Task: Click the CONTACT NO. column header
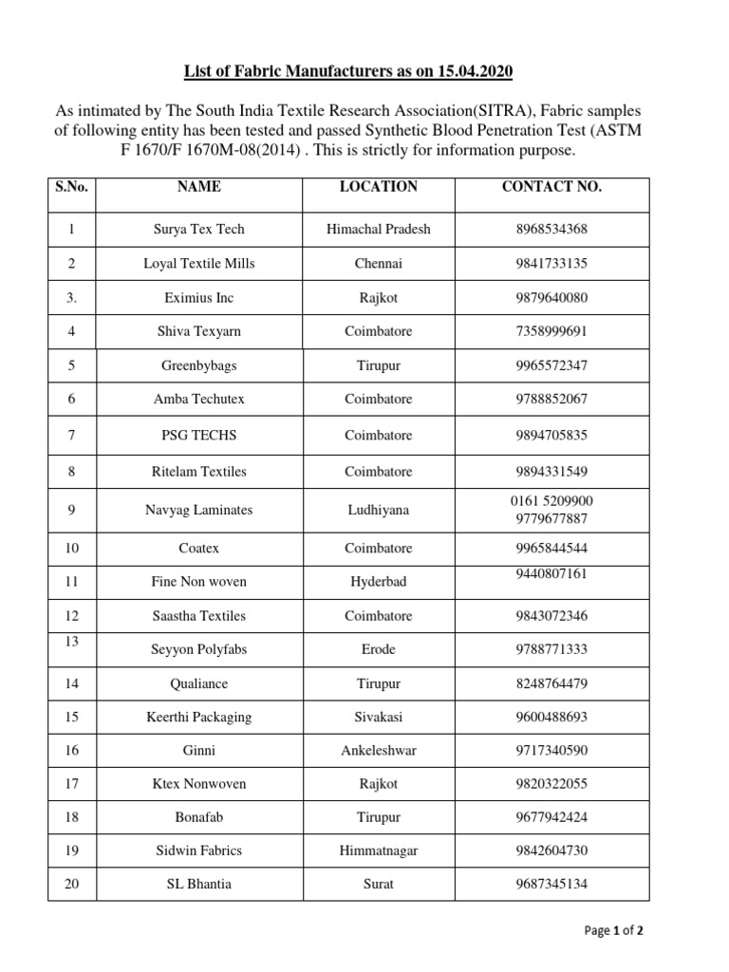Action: [x=551, y=187]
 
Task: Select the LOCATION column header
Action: [x=378, y=187]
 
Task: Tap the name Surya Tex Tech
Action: [x=198, y=229]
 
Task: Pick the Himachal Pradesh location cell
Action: [x=378, y=229]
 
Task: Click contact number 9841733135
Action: [x=551, y=263]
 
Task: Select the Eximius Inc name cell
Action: [x=198, y=297]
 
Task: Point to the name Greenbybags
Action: [x=198, y=365]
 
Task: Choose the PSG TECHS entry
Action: [x=198, y=435]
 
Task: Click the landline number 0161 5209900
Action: [x=551, y=500]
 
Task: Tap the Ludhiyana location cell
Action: [x=378, y=510]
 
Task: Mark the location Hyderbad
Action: [x=378, y=581]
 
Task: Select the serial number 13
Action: [x=71, y=642]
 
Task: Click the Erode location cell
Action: [x=378, y=649]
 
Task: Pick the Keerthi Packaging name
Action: [x=198, y=717]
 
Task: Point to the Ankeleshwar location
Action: [x=378, y=750]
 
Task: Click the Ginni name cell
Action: [x=198, y=750]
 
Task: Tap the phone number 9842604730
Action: [x=551, y=850]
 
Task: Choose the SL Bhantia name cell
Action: [x=198, y=884]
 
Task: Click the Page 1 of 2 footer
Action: [x=613, y=931]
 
